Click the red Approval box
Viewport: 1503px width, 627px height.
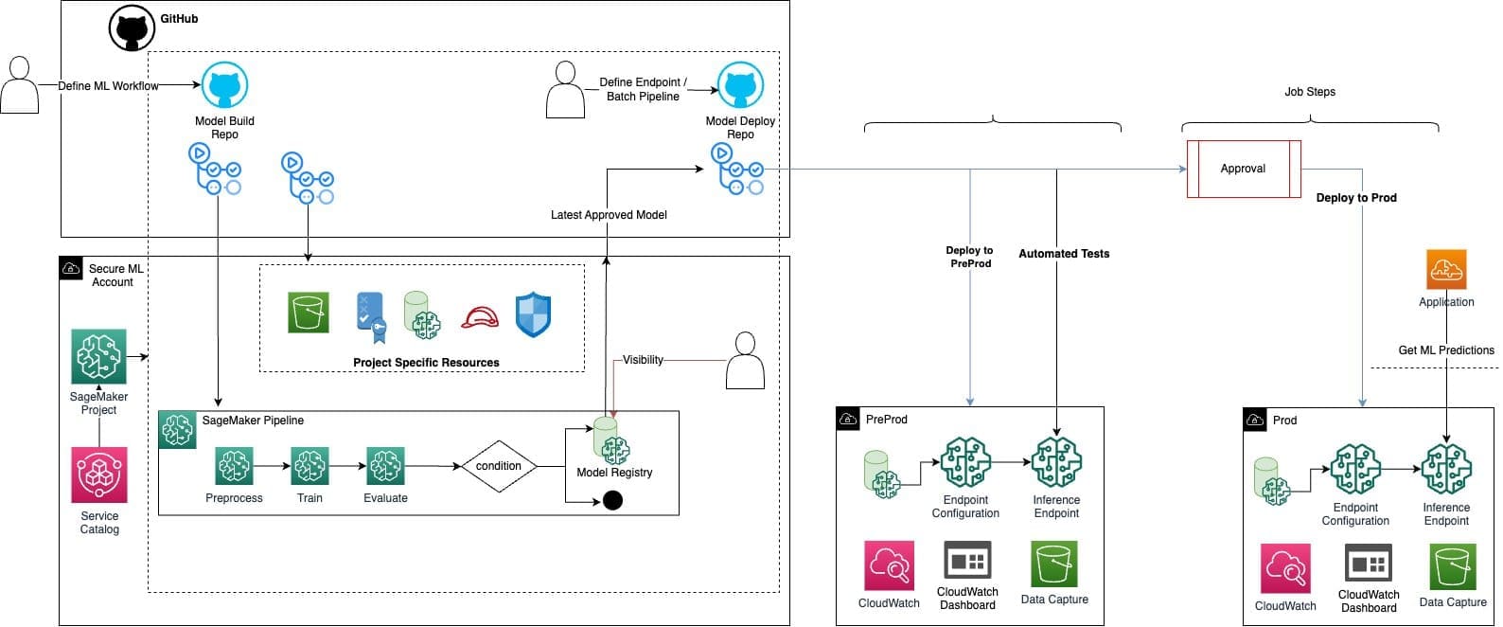[x=1244, y=169]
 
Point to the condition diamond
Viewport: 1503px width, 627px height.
[x=499, y=466]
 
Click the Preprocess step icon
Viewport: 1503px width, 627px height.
[x=234, y=467]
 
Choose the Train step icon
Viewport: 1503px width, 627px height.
[x=309, y=467]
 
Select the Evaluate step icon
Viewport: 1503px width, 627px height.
[x=385, y=467]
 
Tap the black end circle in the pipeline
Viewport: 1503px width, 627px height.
[x=612, y=500]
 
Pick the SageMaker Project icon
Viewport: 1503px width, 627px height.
[x=99, y=357]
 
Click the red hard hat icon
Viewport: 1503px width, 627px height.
[x=480, y=317]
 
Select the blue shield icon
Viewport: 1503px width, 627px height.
[x=533, y=314]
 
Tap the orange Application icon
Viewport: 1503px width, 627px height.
[x=1446, y=270]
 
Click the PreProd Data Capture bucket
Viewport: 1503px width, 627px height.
[x=1054, y=564]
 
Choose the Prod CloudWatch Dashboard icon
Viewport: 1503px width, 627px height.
[x=1369, y=564]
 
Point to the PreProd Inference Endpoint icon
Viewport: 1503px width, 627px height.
[x=1056, y=463]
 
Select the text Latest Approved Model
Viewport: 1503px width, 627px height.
[x=609, y=215]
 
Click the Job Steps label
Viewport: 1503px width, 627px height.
[x=1310, y=92]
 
